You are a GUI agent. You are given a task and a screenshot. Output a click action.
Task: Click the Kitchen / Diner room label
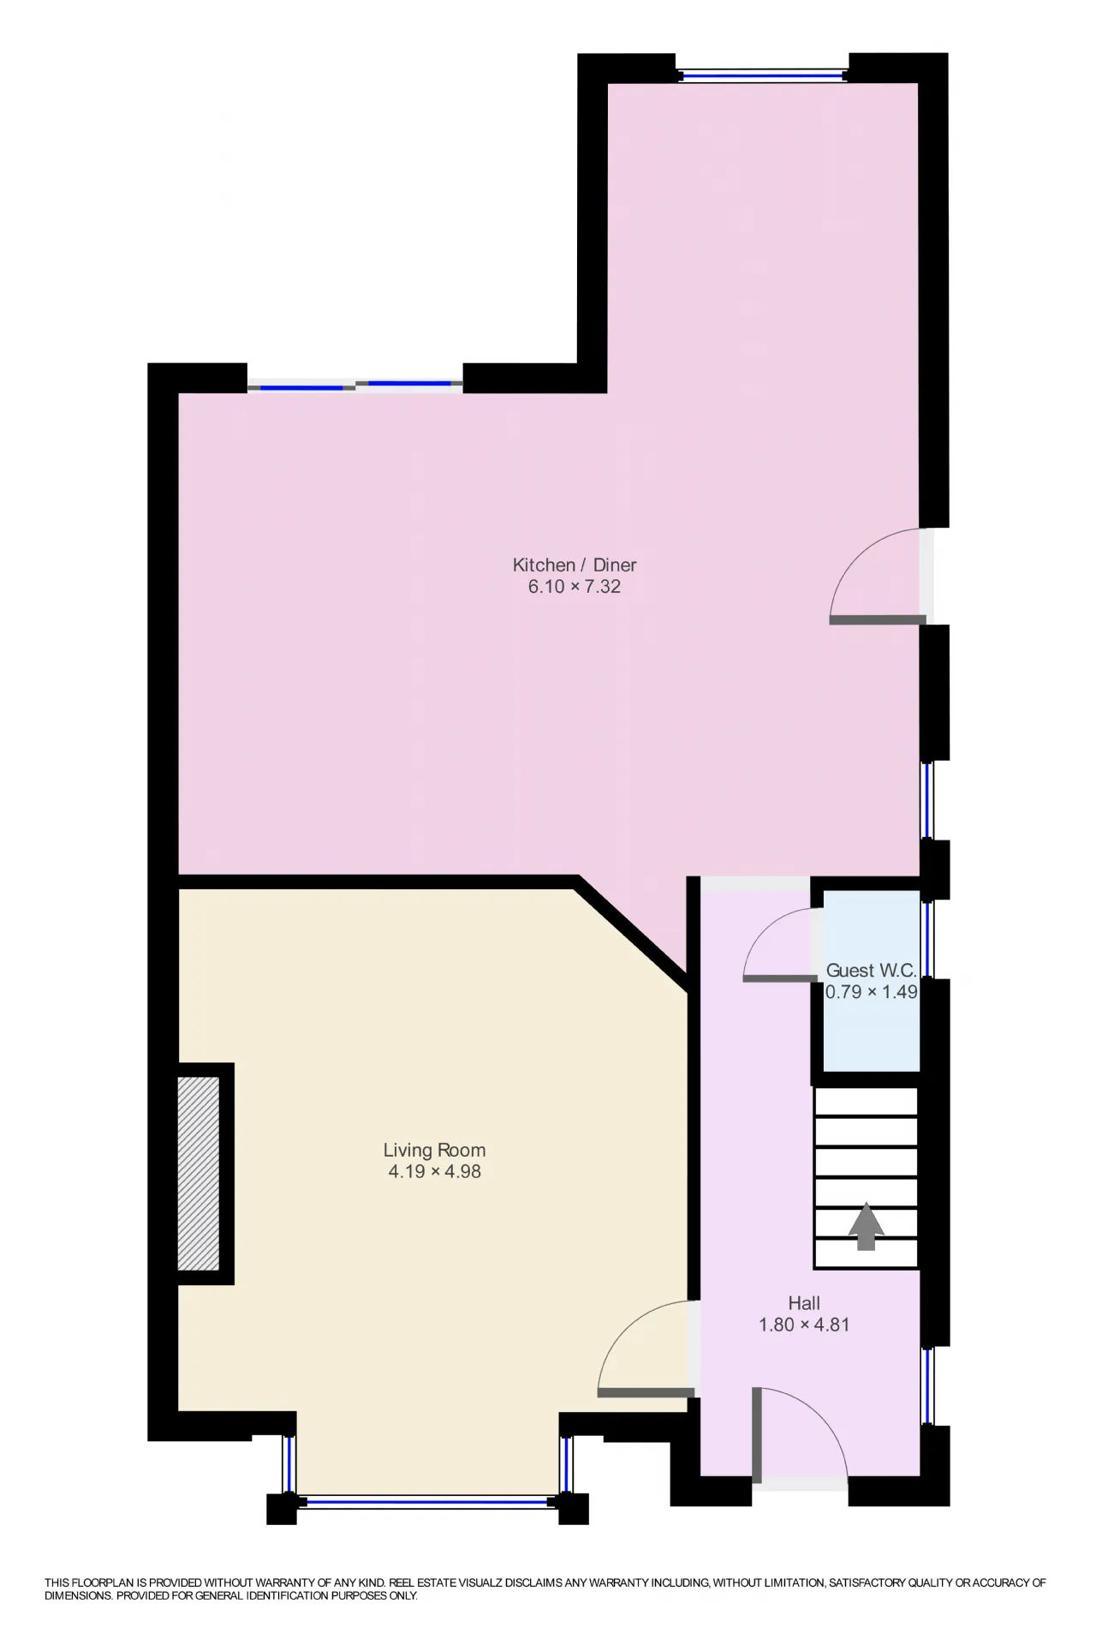click(x=575, y=565)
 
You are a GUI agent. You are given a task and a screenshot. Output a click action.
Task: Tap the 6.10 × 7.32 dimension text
click(x=575, y=587)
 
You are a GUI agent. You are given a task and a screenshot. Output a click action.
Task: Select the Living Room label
click(x=434, y=1150)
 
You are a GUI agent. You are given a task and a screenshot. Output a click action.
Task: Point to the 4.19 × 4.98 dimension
click(x=434, y=1171)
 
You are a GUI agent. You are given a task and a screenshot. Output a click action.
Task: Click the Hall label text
click(x=804, y=1303)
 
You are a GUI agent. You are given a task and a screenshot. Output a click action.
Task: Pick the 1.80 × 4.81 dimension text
click(x=804, y=1325)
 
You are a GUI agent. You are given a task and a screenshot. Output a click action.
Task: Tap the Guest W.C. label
click(x=871, y=971)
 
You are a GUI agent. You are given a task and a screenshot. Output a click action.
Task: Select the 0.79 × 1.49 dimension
click(x=871, y=992)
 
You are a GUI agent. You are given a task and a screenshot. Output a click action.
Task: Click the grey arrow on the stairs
click(x=867, y=1226)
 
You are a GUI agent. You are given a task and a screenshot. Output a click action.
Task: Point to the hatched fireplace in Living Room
click(x=199, y=1173)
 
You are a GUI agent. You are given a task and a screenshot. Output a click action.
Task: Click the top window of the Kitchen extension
click(x=763, y=75)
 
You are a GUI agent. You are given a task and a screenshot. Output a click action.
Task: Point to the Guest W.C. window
click(x=928, y=938)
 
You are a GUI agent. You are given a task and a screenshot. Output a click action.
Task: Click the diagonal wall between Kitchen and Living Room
click(x=632, y=932)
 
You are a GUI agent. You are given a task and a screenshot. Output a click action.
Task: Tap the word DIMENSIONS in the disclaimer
click(x=78, y=1596)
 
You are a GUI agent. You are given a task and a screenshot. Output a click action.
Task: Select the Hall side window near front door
click(x=928, y=1385)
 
